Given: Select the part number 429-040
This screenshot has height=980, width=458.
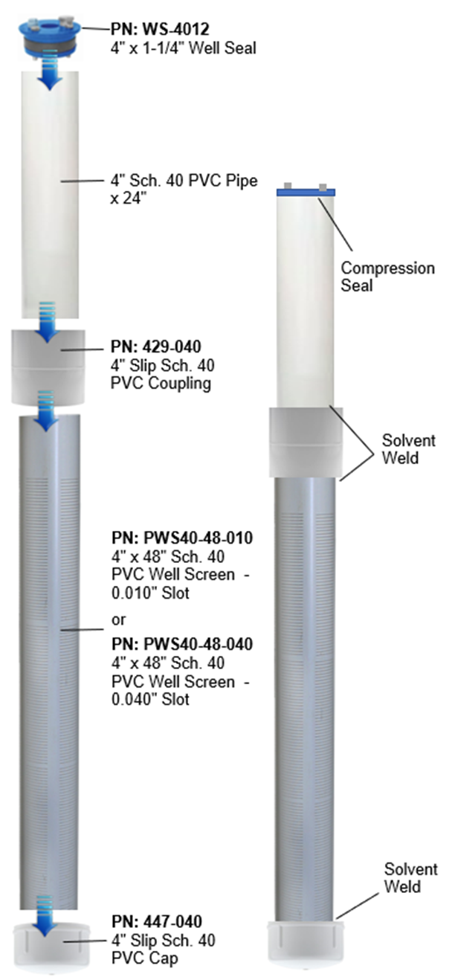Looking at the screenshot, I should (155, 346).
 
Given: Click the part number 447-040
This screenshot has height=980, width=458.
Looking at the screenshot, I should (155, 921).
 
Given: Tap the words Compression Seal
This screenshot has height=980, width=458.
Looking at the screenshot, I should (387, 276).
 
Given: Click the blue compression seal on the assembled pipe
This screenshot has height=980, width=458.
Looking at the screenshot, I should (306, 192).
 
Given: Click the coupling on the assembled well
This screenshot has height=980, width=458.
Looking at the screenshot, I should (306, 442).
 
